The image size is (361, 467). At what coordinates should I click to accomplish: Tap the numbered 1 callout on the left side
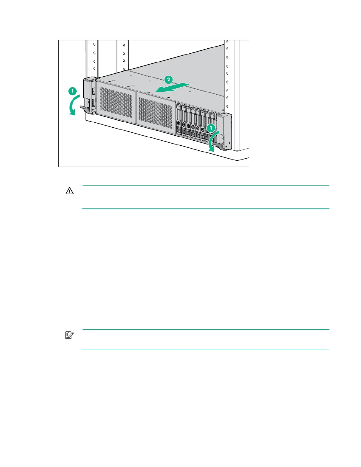tap(73, 91)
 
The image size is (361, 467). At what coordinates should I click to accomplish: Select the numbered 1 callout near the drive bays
tap(211, 128)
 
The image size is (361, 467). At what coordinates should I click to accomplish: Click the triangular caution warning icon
tap(69, 191)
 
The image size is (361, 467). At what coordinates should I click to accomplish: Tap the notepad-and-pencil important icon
tap(69, 335)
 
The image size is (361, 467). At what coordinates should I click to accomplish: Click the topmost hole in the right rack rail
tap(227, 42)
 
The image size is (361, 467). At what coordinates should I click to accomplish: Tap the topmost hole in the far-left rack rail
tap(94, 44)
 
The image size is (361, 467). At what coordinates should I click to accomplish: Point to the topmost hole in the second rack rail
tap(124, 45)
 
